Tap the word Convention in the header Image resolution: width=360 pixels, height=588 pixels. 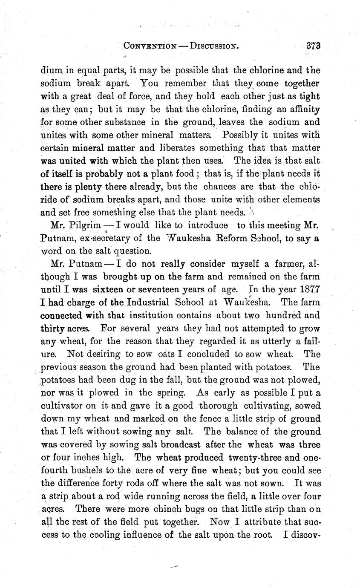[x=144, y=46]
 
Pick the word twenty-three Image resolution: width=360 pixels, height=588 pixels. [x=256, y=457]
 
